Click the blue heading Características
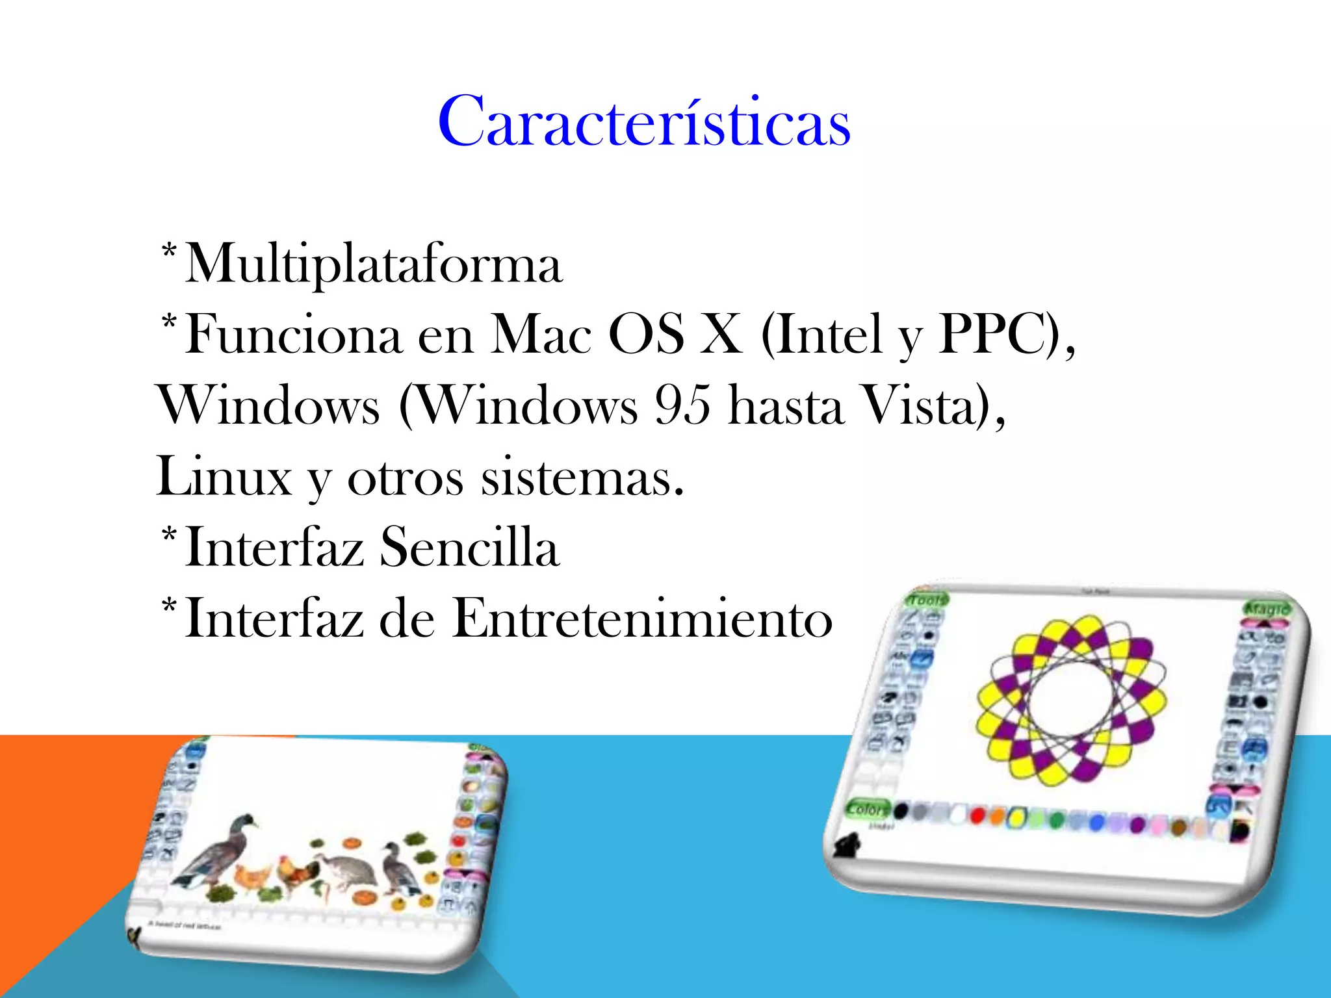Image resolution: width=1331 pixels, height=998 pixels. tap(644, 122)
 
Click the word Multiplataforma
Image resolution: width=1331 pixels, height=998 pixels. tap(374, 264)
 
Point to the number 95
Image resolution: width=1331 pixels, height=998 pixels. tap(682, 405)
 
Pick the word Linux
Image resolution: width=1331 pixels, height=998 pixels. tap(224, 476)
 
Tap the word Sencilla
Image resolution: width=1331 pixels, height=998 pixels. tap(469, 547)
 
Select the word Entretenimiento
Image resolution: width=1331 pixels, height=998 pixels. tap(641, 618)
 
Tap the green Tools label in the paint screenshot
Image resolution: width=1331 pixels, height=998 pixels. tap(927, 600)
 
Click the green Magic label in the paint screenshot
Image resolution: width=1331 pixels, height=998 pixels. tap(1266, 609)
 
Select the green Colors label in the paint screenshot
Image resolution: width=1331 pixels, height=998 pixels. tap(868, 810)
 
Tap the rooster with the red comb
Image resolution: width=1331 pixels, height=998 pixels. tap(296, 873)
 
